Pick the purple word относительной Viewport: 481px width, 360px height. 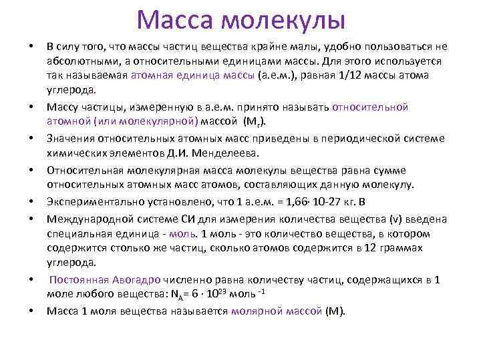pyautogui.click(x=371, y=107)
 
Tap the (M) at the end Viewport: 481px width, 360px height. pyautogui.click(x=332, y=311)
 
